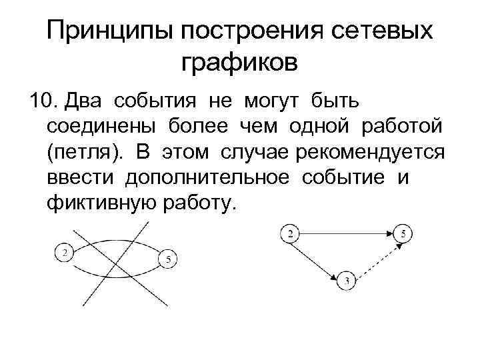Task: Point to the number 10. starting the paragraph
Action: click(41, 101)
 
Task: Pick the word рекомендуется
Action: click(377, 153)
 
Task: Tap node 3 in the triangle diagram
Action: click(347, 279)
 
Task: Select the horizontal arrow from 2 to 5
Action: click(347, 233)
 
